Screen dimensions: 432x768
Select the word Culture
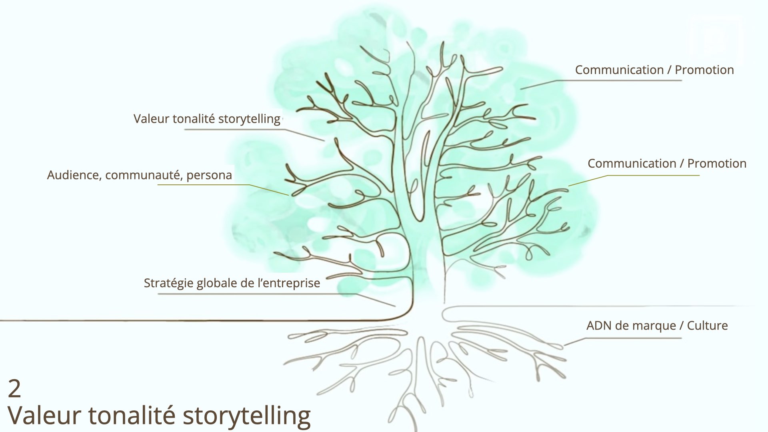707,326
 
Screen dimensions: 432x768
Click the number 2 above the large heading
14,389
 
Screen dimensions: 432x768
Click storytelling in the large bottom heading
246,416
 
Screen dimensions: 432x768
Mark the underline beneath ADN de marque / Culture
632,338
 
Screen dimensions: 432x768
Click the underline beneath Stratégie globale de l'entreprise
256,294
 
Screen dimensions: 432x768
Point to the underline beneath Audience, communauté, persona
204,185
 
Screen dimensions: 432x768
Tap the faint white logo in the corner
716,40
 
